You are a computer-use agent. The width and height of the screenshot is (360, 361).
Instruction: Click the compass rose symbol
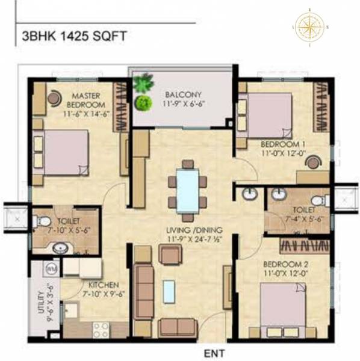click(x=309, y=26)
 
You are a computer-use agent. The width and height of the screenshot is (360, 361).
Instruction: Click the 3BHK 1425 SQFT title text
click(x=74, y=35)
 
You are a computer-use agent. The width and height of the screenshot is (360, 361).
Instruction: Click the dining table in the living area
click(x=187, y=190)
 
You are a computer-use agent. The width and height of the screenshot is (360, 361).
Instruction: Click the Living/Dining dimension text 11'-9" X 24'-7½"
click(x=195, y=240)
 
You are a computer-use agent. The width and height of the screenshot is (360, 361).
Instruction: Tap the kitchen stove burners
click(x=100, y=329)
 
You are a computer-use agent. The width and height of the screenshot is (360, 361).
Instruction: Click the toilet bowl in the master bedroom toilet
click(x=44, y=222)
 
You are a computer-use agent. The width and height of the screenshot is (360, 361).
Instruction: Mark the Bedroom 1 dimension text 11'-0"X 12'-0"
click(x=282, y=153)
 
